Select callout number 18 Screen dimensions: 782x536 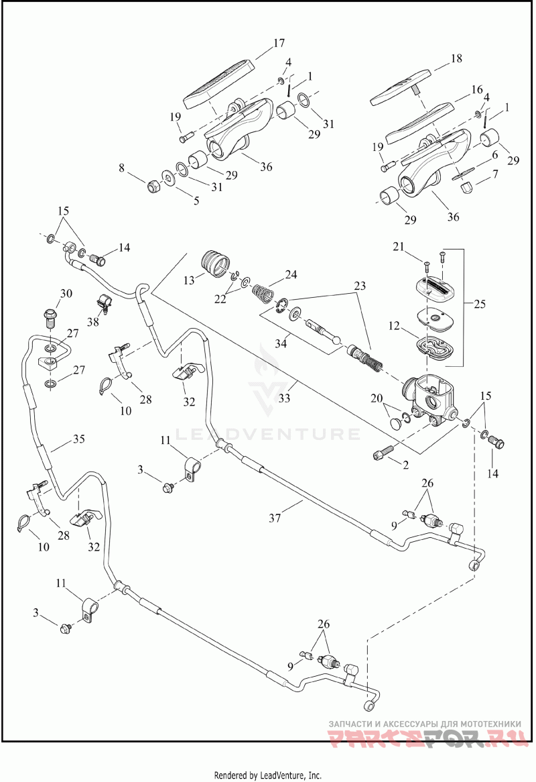456,58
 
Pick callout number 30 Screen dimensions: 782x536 66,293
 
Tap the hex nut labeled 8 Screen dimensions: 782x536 152,184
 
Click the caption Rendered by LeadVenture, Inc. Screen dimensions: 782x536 267,775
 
